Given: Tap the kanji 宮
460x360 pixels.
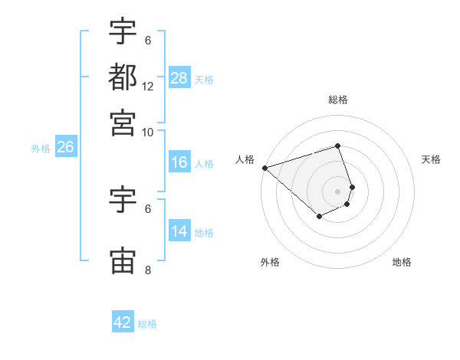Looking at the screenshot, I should pyautogui.click(x=123, y=122).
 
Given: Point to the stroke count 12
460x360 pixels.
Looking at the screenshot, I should pyautogui.click(x=148, y=87).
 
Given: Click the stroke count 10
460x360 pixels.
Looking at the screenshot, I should pyautogui.click(x=148, y=132).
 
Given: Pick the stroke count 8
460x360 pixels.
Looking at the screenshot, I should pyautogui.click(x=148, y=270).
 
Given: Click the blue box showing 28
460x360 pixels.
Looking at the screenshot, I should pyautogui.click(x=179, y=77).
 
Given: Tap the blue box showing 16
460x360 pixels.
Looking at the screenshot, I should pyautogui.click(x=179, y=162).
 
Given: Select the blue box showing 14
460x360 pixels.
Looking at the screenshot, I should pyautogui.click(x=179, y=231).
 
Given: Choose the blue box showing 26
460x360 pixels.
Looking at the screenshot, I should pyautogui.click(x=65, y=148).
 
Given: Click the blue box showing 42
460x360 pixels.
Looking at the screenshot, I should pyautogui.click(x=123, y=322).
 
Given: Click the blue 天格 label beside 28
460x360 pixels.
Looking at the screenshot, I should pyautogui.click(x=204, y=79).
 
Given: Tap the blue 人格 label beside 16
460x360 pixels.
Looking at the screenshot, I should pyautogui.click(x=204, y=163).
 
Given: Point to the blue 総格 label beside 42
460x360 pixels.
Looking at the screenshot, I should pyautogui.click(x=147, y=324).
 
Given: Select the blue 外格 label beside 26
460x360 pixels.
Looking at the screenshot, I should pyautogui.click(x=41, y=149).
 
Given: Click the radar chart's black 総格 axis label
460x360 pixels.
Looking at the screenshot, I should pyautogui.click(x=338, y=100).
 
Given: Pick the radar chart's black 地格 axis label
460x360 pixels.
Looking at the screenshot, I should pyautogui.click(x=402, y=263).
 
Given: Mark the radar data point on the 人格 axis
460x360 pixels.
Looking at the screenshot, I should pyautogui.click(x=264, y=167).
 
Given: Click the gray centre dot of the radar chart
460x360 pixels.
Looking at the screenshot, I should pyautogui.click(x=338, y=191).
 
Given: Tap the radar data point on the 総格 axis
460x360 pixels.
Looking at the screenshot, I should pyautogui.click(x=338, y=146).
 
